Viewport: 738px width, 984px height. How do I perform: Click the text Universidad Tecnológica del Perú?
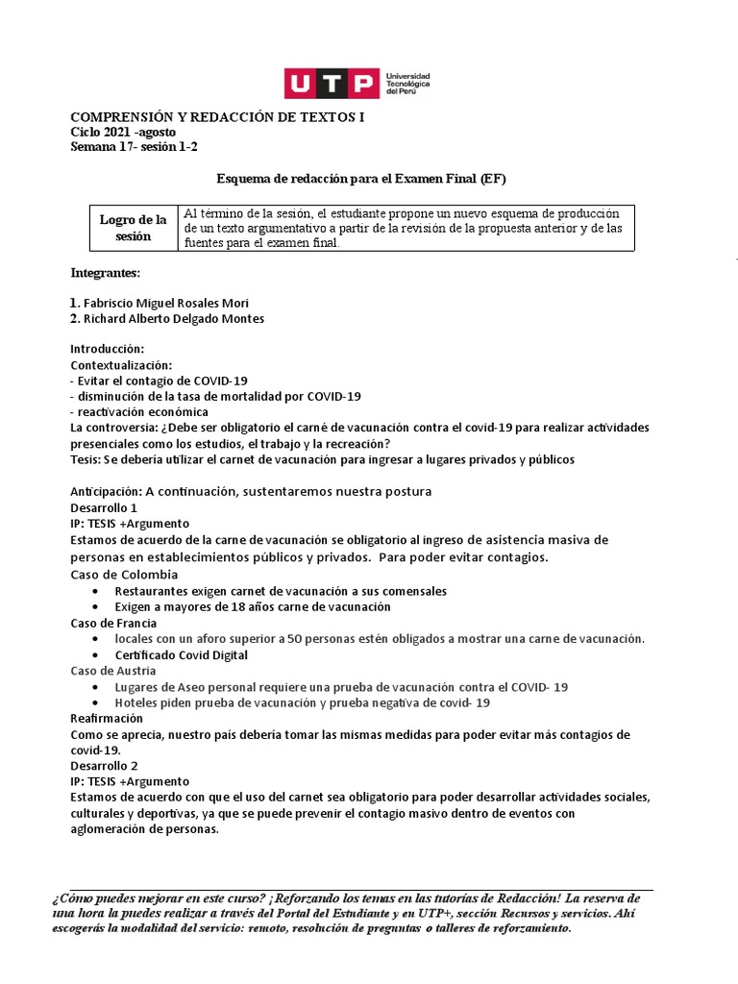407,83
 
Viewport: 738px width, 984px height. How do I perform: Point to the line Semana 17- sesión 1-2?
135,147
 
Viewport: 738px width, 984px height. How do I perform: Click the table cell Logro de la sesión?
133,228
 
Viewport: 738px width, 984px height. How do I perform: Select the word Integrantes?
106,274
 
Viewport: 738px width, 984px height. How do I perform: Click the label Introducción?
108,348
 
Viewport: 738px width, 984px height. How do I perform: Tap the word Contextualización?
121,365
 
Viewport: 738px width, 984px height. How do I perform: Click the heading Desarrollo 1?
105,507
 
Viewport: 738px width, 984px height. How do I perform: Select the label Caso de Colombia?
125,574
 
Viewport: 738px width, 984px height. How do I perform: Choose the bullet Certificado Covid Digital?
181,655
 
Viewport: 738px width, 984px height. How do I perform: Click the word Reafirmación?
107,718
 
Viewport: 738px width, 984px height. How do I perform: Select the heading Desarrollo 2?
105,766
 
